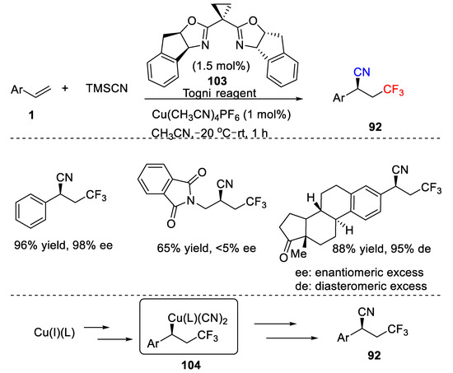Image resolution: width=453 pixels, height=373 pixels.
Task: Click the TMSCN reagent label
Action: [x=106, y=88]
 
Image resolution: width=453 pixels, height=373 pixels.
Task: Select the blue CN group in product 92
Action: [x=362, y=72]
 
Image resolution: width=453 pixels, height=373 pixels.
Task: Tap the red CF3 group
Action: [x=394, y=90]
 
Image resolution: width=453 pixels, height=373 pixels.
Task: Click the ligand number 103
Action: [x=217, y=82]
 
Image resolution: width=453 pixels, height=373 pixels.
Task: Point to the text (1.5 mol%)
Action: [x=221, y=66]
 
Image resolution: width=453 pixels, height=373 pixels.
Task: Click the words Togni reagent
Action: [x=220, y=93]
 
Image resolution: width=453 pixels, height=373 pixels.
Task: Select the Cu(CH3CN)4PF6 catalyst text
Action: [x=222, y=115]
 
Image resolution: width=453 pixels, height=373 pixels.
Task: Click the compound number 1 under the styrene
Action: [x=31, y=115]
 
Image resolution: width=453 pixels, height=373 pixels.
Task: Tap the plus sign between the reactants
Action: [x=65, y=88]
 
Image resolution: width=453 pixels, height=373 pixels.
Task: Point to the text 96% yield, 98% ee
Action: [x=63, y=245]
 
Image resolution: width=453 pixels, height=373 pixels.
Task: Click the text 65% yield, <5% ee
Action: [x=207, y=248]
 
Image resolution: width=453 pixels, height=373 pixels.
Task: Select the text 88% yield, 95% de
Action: [x=381, y=249]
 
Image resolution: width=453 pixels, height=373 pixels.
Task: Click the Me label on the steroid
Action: [x=298, y=254]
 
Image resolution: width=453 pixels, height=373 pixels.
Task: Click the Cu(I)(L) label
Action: [x=54, y=333]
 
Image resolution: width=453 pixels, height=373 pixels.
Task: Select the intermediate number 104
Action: [x=191, y=366]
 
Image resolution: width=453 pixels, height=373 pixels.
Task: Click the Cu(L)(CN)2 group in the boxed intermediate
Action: [x=198, y=319]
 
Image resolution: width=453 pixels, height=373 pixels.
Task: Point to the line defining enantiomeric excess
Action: [x=359, y=273]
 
